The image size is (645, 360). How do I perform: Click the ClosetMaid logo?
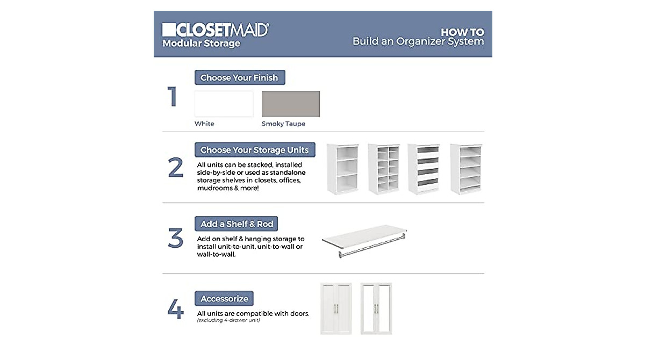pyautogui.click(x=215, y=30)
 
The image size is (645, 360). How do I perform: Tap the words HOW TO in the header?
pyautogui.click(x=462, y=32)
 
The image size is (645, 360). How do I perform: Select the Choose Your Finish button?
pyautogui.click(x=239, y=78)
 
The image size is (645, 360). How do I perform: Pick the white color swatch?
pyautogui.click(x=224, y=104)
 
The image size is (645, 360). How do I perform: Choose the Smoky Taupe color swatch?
pyautogui.click(x=290, y=104)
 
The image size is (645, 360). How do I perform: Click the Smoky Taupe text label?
pyautogui.click(x=283, y=124)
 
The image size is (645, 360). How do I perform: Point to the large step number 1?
pyautogui.click(x=173, y=97)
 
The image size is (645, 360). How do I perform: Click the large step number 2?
pyautogui.click(x=176, y=168)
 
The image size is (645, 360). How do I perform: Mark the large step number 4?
pyautogui.click(x=176, y=310)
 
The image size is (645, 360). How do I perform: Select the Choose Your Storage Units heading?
pyautogui.click(x=255, y=150)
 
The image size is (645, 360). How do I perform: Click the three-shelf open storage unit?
pyautogui.click(x=342, y=169)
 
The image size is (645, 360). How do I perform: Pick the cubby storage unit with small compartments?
pyautogui.click(x=383, y=169)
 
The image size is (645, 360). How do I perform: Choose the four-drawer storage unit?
pyautogui.click(x=424, y=169)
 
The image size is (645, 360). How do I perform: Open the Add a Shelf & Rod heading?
pyautogui.click(x=236, y=224)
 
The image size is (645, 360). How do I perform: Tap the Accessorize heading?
pyautogui.click(x=224, y=299)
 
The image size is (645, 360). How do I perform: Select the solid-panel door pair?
pyautogui.click(x=335, y=308)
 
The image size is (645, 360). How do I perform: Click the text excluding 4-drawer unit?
pyautogui.click(x=228, y=320)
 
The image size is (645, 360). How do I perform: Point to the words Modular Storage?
pyautogui.click(x=201, y=44)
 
